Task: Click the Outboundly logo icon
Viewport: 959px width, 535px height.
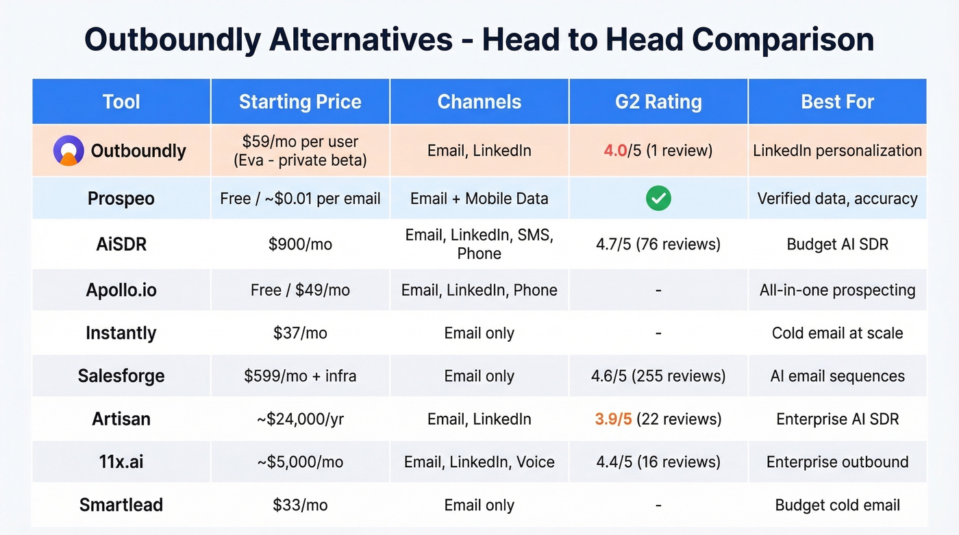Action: (68, 150)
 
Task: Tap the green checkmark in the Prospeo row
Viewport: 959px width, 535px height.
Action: (658, 199)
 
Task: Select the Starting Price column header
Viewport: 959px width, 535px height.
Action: (300, 102)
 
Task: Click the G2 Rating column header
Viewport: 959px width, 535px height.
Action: (658, 102)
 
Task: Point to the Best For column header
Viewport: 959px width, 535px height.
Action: (837, 102)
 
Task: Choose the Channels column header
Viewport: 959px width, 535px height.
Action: (480, 102)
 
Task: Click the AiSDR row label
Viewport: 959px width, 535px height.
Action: (121, 245)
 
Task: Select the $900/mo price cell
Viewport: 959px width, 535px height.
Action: (300, 245)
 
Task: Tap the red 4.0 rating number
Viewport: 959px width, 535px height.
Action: (615, 151)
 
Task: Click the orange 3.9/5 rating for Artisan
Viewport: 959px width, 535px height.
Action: (614, 419)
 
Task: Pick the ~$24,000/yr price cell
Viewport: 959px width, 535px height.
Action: (300, 419)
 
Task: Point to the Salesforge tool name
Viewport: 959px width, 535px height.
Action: (121, 376)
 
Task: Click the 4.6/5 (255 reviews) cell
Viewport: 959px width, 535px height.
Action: (658, 376)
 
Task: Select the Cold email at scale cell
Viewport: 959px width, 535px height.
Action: (837, 333)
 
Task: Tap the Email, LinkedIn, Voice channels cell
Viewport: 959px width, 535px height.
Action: (480, 462)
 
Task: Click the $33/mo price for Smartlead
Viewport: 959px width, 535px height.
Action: (300, 506)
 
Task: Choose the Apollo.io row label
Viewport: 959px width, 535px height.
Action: (121, 290)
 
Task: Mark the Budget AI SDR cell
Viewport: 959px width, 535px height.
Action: (837, 245)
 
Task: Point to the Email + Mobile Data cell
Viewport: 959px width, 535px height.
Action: (480, 199)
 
